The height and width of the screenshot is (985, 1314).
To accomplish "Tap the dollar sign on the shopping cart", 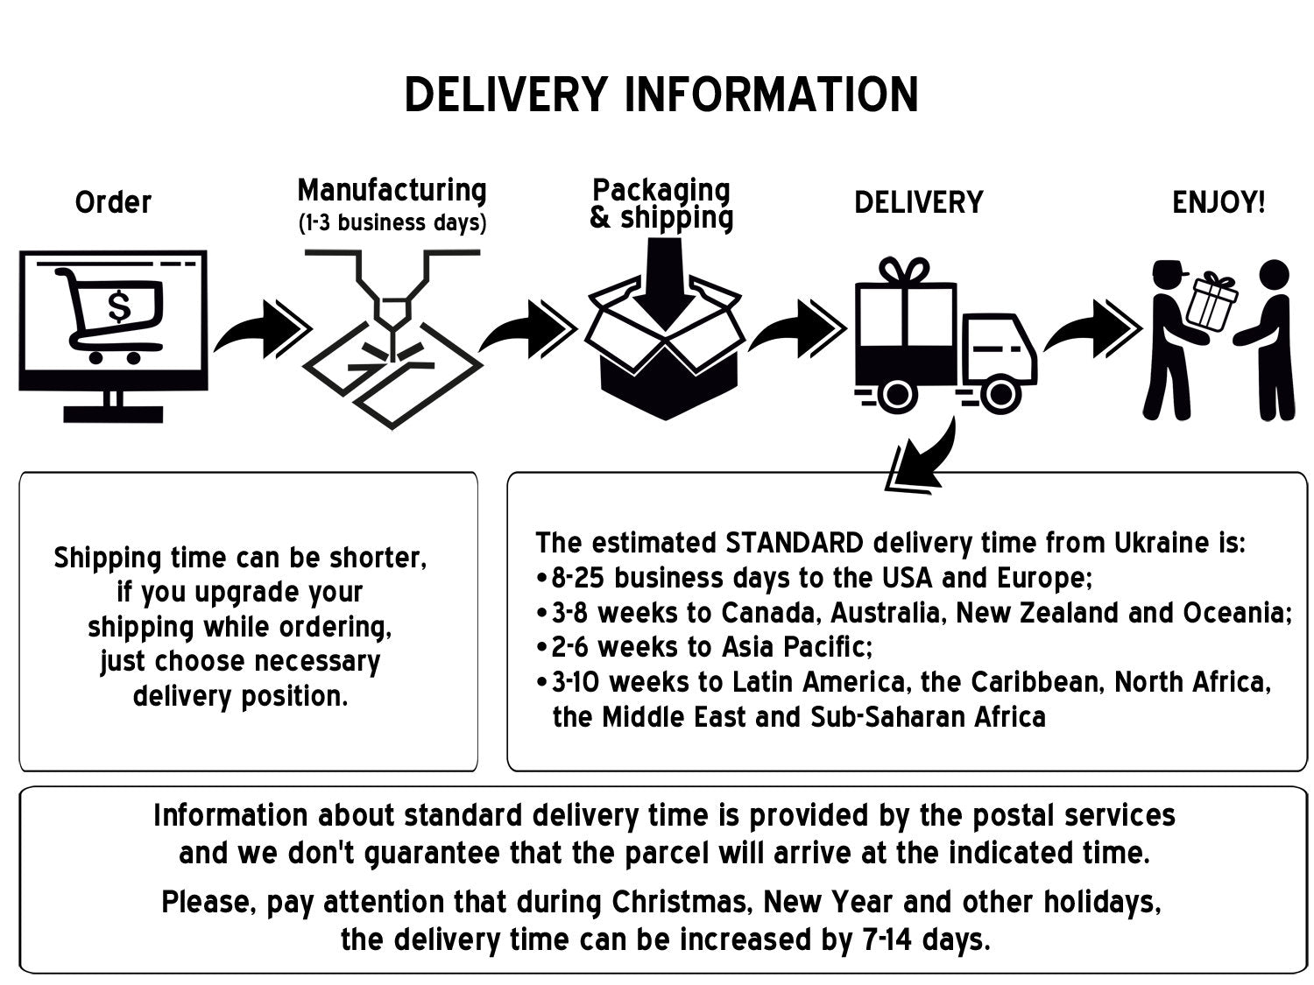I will (118, 306).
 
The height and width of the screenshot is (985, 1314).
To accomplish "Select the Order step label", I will (113, 203).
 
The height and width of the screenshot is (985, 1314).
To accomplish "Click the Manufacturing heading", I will (392, 190).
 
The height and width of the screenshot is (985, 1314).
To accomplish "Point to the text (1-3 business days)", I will (392, 222).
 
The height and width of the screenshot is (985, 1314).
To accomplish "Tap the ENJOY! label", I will (1219, 203).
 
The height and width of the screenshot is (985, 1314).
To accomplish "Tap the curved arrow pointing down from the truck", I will (920, 455).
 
